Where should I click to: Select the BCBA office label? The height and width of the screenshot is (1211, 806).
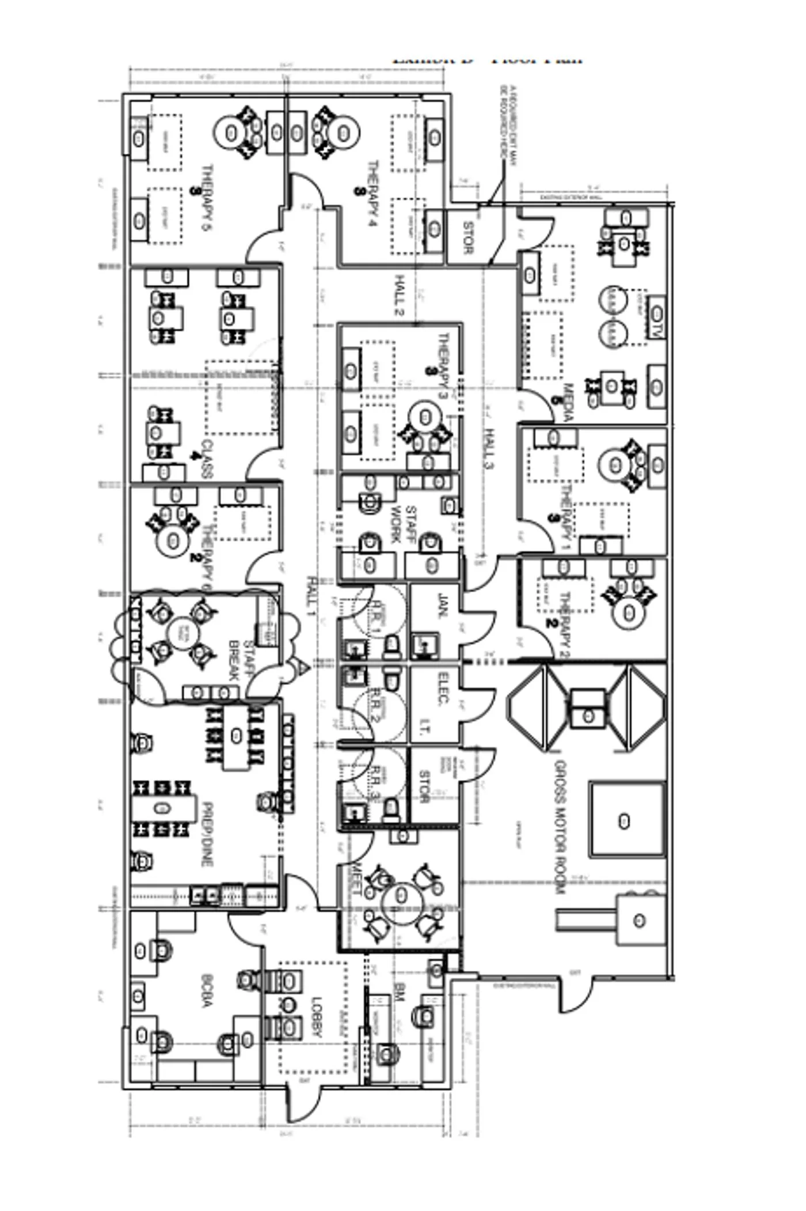coord(207,991)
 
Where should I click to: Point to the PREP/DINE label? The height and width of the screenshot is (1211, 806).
coord(207,835)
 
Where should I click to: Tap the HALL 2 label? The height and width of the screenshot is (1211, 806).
coord(400,296)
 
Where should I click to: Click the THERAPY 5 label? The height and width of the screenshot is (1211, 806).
coord(207,198)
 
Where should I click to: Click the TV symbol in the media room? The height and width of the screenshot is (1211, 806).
coord(657,314)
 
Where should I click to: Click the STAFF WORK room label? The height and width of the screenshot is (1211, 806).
coord(403,525)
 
